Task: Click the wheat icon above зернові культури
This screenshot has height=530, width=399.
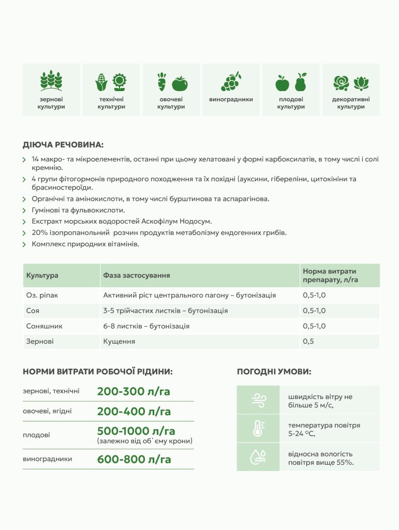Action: pyautogui.click(x=51, y=81)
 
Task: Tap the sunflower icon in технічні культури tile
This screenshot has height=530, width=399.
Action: pyautogui.click(x=120, y=82)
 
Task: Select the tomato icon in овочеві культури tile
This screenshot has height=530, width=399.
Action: pyautogui.click(x=180, y=83)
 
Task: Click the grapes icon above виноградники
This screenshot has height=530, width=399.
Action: pyautogui.click(x=231, y=81)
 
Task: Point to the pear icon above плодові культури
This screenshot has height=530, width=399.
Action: pyautogui.click(x=300, y=82)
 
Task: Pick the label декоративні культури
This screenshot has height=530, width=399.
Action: pyautogui.click(x=351, y=103)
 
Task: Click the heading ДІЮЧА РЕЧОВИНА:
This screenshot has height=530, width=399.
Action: pyautogui.click(x=63, y=145)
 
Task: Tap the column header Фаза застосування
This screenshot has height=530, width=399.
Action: pyautogui.click(x=137, y=275)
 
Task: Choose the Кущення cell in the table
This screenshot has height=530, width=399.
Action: pyautogui.click(x=119, y=342)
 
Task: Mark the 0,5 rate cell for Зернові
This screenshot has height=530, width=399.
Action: pyautogui.click(x=308, y=342)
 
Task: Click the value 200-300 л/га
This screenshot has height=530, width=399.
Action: pyautogui.click(x=134, y=391)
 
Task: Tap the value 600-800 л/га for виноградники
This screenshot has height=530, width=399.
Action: pyautogui.click(x=134, y=459)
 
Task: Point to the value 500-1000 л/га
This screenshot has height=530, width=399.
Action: pyautogui.click(x=136, y=431)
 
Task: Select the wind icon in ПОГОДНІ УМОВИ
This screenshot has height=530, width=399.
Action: pyautogui.click(x=258, y=400)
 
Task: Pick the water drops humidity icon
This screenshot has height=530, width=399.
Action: pyautogui.click(x=258, y=457)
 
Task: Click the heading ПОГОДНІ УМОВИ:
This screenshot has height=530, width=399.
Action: pyautogui.click(x=274, y=372)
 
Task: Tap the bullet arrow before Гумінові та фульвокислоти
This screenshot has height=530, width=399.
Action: pyautogui.click(x=25, y=211)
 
